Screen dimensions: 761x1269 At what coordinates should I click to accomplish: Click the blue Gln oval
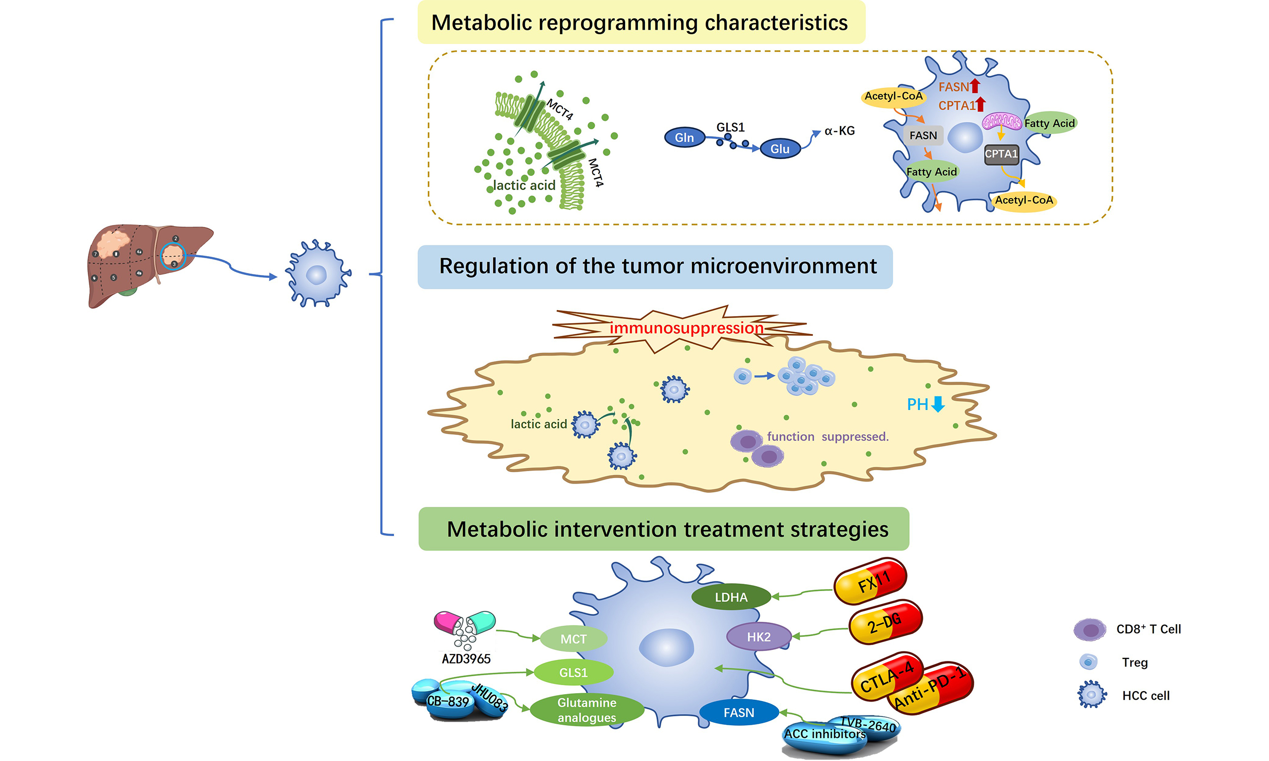[684, 137]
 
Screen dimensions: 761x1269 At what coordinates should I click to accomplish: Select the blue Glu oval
[780, 149]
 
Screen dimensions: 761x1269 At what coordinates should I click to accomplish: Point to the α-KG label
[840, 131]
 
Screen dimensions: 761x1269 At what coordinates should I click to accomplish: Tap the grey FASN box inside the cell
[923, 135]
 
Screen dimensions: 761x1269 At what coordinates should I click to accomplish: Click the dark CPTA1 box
[1001, 154]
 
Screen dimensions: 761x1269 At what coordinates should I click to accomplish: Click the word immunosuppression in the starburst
[687, 327]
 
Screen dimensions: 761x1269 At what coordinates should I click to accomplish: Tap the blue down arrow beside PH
[938, 404]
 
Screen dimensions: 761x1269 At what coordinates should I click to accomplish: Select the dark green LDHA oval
[731, 597]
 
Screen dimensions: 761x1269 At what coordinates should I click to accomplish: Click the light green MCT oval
[573, 639]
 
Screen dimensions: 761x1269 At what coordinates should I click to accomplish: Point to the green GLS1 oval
[573, 672]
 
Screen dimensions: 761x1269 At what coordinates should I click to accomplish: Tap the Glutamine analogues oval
[587, 709]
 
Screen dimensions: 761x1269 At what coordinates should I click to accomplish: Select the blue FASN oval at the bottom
[739, 712]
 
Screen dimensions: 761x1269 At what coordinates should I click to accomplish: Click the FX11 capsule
[870, 582]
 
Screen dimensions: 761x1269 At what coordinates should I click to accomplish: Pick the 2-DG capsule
[885, 623]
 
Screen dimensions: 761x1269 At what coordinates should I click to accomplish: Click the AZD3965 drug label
[466, 659]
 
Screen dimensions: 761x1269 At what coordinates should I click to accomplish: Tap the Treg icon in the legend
[1088, 662]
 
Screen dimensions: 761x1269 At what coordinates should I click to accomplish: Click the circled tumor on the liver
[173, 256]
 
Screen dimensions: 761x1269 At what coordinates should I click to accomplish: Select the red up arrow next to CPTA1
[981, 104]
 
